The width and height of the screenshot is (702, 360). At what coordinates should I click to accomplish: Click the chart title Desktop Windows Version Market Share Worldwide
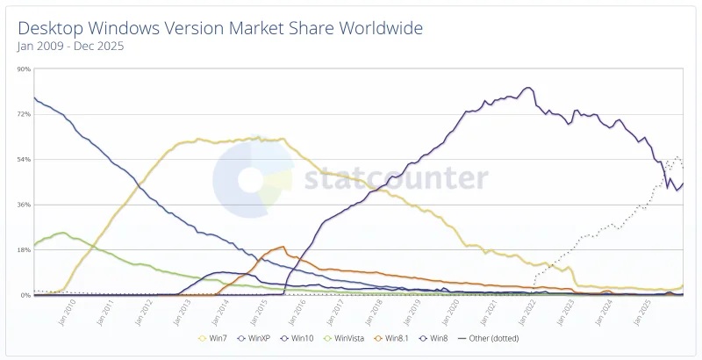coord(219,28)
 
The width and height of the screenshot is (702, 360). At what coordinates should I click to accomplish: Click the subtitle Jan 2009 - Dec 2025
coord(71,47)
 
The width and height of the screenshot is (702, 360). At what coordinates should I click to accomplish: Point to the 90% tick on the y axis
coord(24,69)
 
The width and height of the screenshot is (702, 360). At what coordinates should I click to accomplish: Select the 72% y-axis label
coord(24,114)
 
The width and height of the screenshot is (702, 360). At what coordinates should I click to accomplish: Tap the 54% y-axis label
coord(24,160)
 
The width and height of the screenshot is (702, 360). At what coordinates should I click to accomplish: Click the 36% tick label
coord(24,205)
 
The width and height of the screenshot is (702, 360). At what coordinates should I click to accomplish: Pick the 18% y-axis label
coord(24,250)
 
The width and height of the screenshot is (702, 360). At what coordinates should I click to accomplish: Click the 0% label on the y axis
coord(26,295)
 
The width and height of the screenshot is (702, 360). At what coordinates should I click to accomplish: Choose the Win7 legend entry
coord(216,337)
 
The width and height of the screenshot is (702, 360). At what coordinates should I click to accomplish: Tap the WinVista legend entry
coord(347,337)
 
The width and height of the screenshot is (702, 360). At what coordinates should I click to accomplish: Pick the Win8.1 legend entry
coord(397,337)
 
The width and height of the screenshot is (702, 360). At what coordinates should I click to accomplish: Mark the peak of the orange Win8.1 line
coord(282,247)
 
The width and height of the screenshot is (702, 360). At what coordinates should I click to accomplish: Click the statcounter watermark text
coord(395,178)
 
